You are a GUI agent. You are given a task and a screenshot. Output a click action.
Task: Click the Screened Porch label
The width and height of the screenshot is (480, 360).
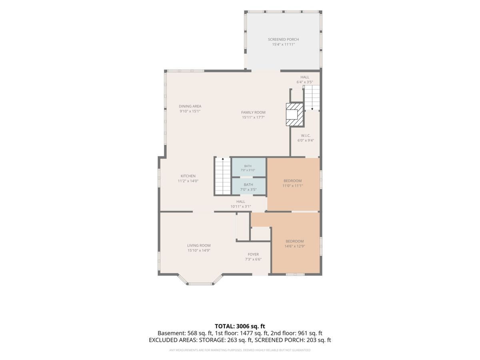coord(283,39)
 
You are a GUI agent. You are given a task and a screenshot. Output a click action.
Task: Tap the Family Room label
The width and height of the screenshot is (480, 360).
coord(253,112)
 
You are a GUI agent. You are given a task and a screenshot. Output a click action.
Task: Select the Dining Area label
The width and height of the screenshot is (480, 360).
coord(190,106)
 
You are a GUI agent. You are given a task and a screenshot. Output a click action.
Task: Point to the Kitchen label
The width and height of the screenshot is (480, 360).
coord(188,176)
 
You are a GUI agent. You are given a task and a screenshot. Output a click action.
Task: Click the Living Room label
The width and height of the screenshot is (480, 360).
coord(199,246)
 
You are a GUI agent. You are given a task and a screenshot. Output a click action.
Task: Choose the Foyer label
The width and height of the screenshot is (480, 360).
coord(253,254)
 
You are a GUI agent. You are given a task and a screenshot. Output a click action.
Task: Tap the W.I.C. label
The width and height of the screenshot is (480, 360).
coord(306,136)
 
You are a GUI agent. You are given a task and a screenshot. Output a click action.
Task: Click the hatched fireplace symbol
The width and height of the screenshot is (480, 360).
coord(295,114)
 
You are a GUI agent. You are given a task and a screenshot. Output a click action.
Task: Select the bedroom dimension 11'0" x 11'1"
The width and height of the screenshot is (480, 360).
coord(292,186)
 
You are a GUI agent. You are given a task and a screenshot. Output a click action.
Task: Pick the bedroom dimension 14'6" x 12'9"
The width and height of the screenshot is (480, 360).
coord(294,246)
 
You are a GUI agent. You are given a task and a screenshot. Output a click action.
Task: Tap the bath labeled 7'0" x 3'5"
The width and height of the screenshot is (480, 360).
coord(248,187)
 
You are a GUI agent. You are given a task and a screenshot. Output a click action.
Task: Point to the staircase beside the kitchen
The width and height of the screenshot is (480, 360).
coord(223,176)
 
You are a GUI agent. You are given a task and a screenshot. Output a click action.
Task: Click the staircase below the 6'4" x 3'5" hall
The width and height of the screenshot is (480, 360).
coord(312,98)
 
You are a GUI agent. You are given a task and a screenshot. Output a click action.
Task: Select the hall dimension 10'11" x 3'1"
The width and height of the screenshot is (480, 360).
coord(240,206)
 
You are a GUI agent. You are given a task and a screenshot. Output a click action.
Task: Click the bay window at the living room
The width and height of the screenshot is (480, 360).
coord(200,280)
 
